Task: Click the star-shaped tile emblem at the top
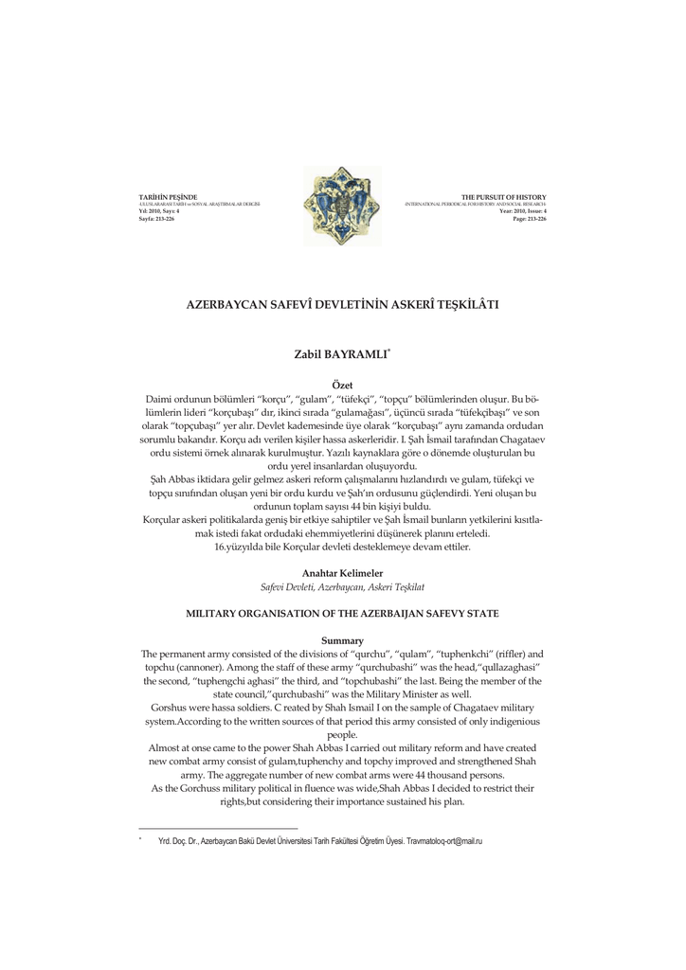tap(342, 207)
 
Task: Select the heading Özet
tap(342, 384)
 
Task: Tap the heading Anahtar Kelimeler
tap(342, 573)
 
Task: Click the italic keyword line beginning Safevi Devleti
tap(342, 587)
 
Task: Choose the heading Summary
tap(342, 641)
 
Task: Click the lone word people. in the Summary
tap(342, 735)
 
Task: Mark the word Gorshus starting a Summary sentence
tap(171, 709)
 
